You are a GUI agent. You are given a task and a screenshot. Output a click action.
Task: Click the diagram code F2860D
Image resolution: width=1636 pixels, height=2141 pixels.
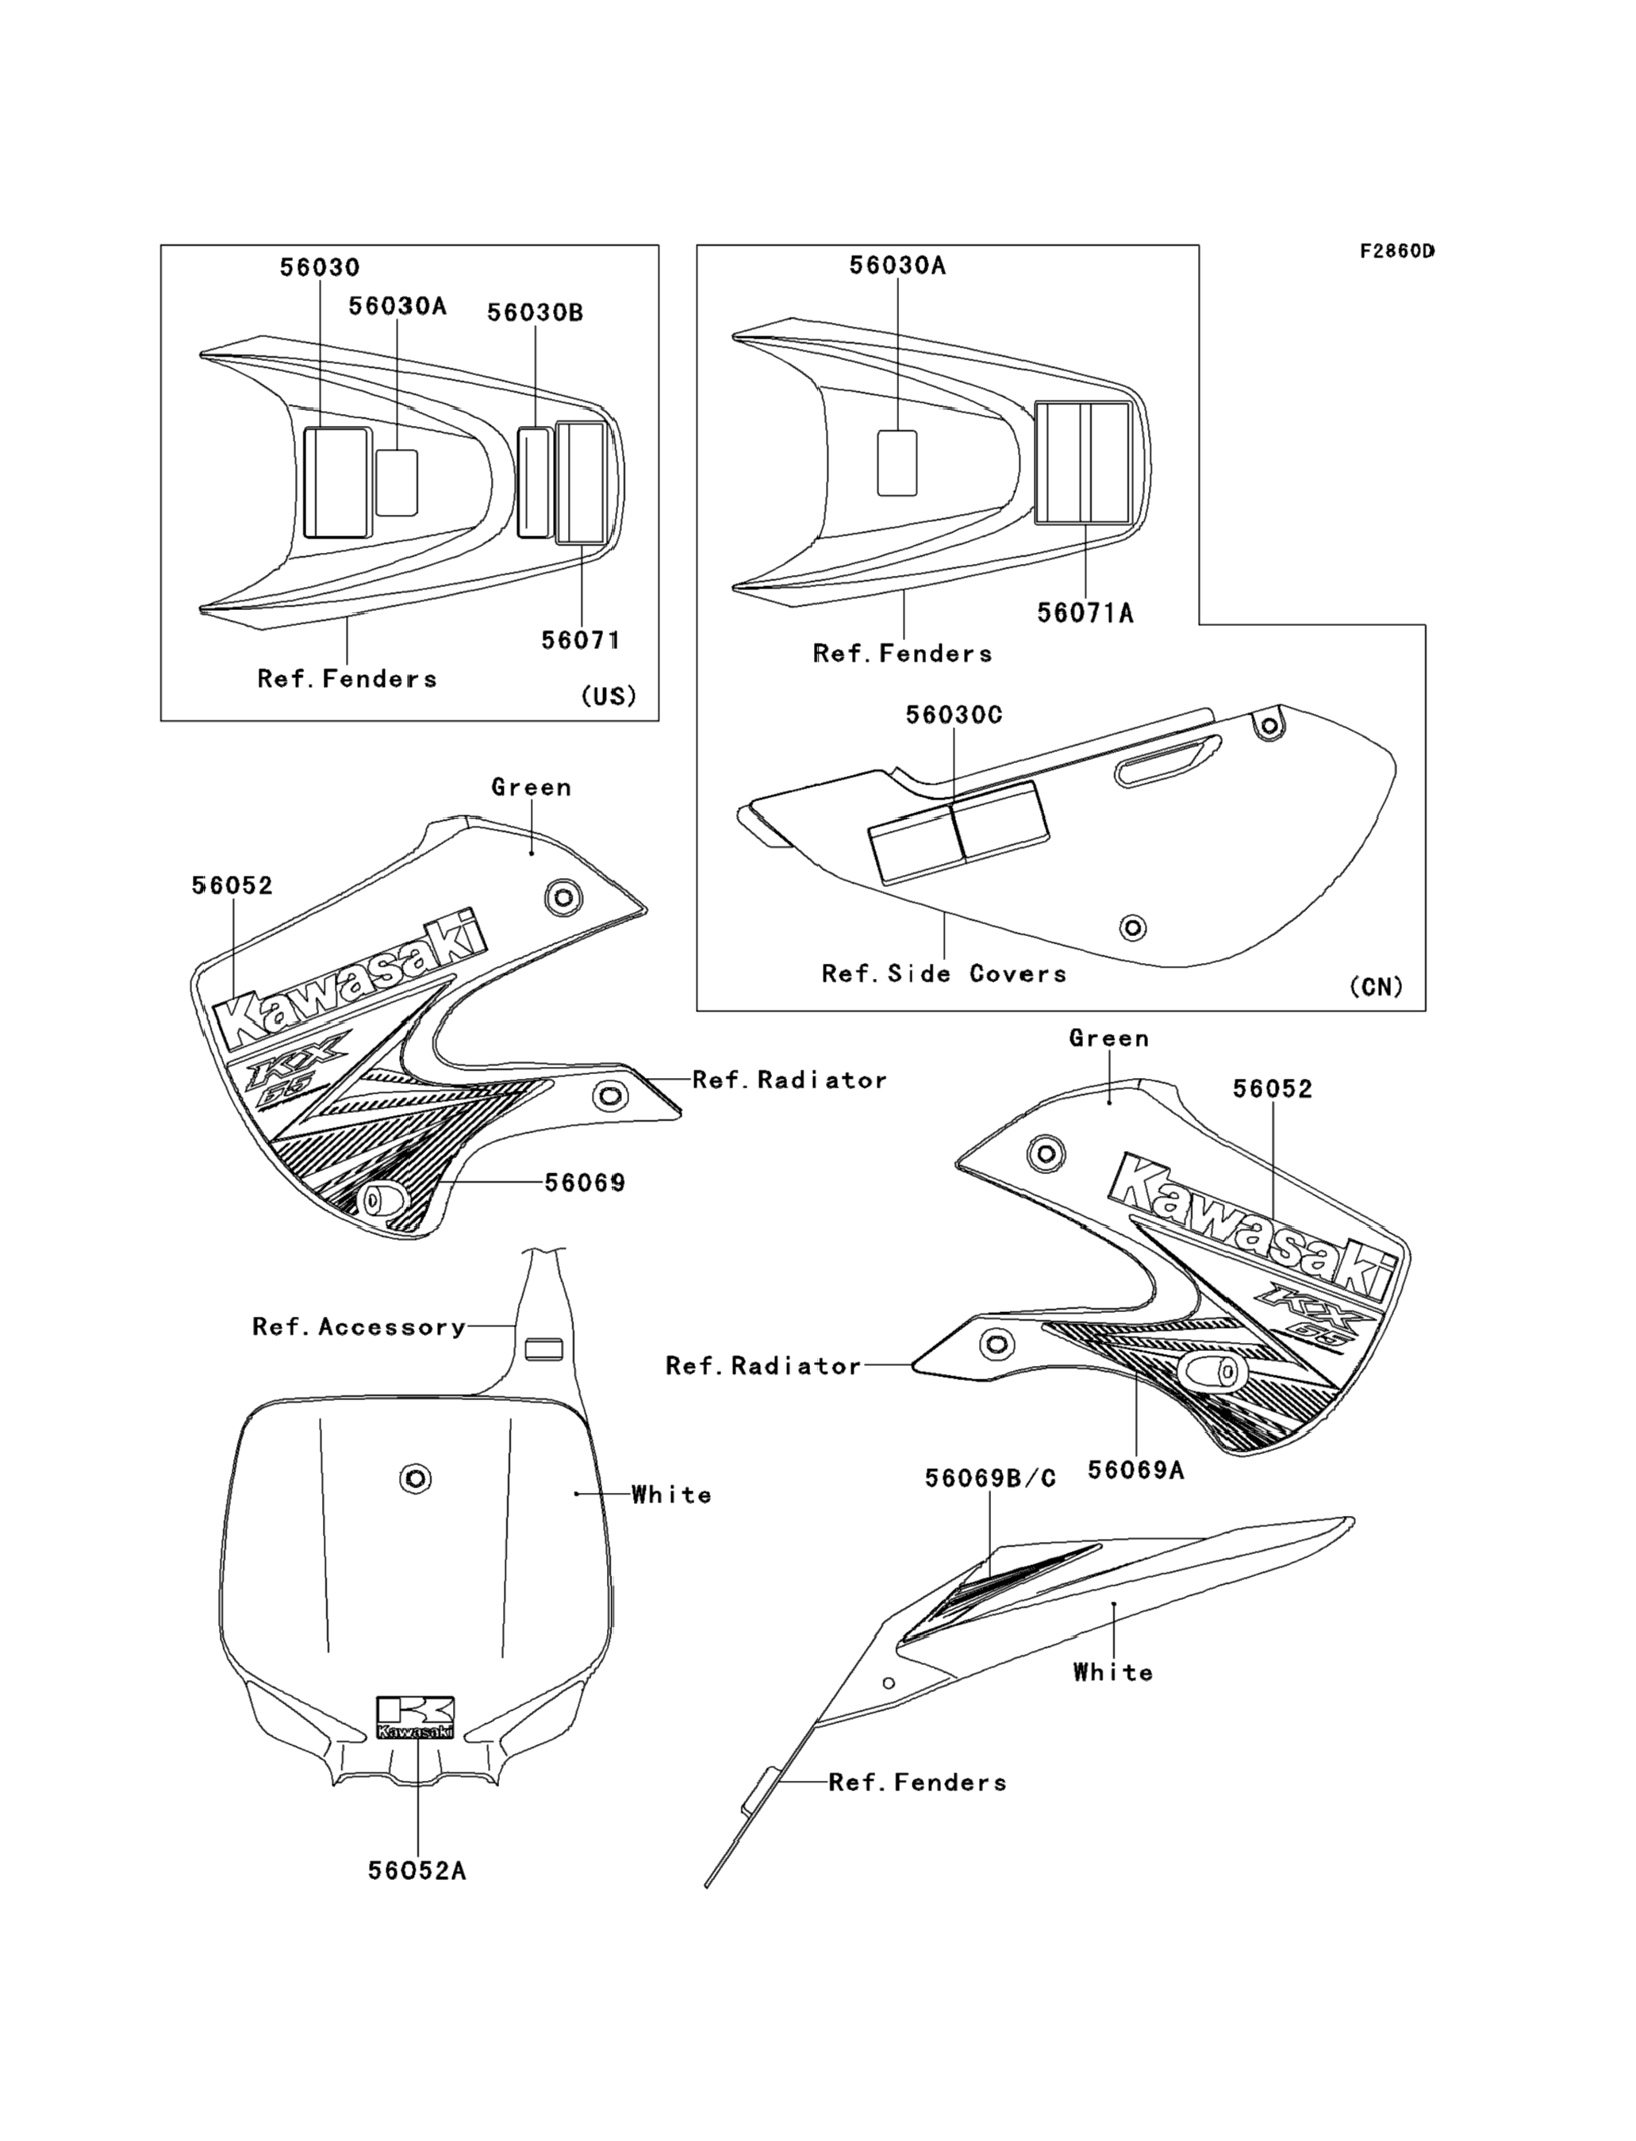click(1397, 251)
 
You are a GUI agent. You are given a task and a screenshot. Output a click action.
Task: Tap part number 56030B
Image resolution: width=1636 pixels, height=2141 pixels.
click(535, 313)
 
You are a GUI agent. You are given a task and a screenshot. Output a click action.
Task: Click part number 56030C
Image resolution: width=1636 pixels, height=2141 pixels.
click(954, 715)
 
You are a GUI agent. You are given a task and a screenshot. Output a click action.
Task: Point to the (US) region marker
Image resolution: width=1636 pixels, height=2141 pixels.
click(609, 696)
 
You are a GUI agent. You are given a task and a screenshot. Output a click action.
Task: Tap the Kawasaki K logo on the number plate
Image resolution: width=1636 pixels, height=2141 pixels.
click(416, 1717)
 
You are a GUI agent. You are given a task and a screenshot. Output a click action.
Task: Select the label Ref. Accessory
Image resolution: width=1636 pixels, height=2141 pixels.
click(359, 1326)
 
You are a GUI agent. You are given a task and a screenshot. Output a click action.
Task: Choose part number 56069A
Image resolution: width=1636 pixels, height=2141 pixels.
click(1135, 1469)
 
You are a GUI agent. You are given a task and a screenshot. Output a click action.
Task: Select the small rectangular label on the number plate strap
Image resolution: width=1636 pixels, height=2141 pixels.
click(543, 1349)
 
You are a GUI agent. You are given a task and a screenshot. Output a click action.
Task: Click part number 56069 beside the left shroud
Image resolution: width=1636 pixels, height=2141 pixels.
click(584, 1182)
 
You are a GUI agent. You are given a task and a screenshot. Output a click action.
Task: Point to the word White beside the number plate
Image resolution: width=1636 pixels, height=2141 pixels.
click(671, 1494)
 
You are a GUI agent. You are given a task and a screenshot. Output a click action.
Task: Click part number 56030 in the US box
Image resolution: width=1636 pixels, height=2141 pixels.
click(320, 267)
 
